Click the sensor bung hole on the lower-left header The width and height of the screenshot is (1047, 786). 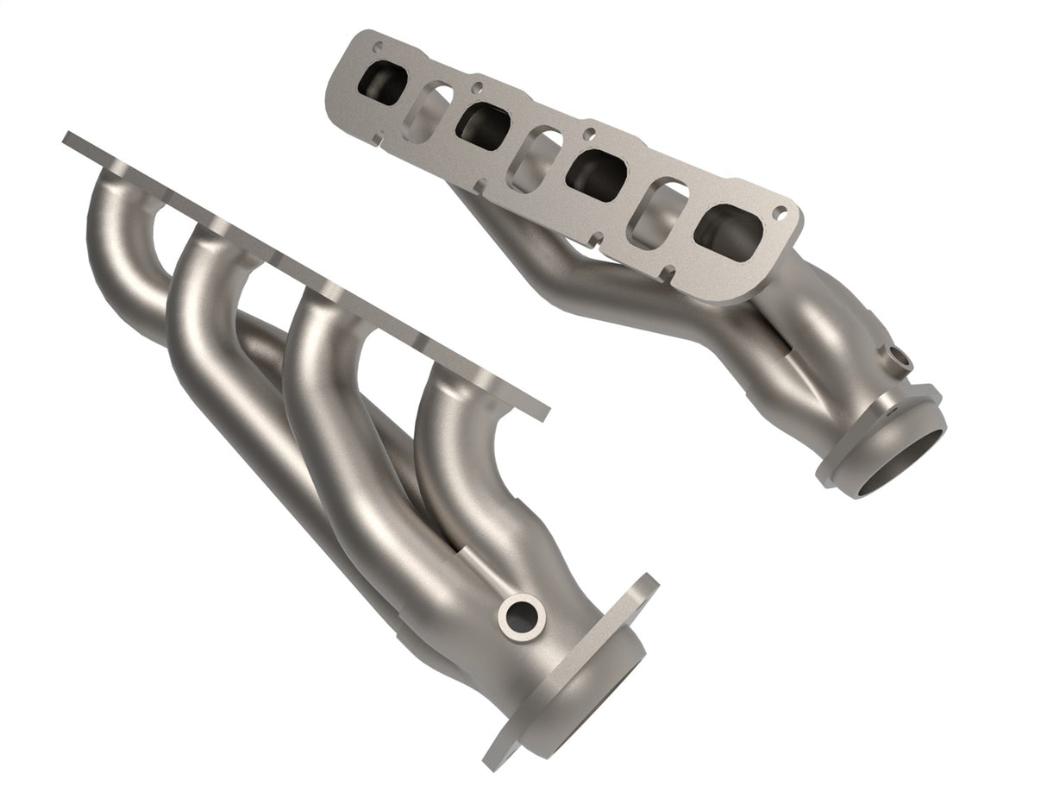point(521,616)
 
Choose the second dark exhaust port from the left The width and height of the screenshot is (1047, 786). point(483,126)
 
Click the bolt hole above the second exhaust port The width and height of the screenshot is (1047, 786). point(475,87)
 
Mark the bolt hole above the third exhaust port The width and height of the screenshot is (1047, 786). point(588,134)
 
